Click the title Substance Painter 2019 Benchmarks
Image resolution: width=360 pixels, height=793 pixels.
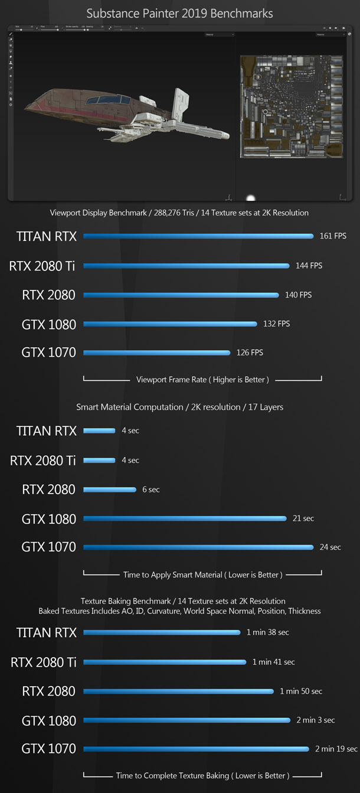coord(179,12)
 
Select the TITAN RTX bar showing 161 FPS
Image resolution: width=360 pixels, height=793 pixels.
coord(198,236)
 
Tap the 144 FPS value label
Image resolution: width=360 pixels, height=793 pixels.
coord(309,266)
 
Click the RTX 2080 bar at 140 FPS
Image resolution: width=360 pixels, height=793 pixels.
coord(181,295)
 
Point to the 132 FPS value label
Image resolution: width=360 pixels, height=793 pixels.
coord(276,324)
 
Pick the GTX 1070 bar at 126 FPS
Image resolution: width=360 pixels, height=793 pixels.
coord(156,353)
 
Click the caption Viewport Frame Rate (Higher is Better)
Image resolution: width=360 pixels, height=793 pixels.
coord(202,380)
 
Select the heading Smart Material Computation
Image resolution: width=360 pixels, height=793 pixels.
coord(179,407)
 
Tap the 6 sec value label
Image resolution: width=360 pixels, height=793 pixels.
coord(150,489)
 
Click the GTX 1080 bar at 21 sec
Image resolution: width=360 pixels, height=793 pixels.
coord(185,518)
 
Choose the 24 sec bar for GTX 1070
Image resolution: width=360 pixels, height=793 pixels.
coord(198,547)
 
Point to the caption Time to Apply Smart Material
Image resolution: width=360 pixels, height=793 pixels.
coord(202,575)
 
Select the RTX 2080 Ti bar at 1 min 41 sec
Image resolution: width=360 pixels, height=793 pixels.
coord(164,662)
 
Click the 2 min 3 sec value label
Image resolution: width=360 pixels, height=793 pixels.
coord(316,720)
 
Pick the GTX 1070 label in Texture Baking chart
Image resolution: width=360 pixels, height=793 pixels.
coord(48,749)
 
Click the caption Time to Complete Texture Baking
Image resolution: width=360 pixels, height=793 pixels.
coord(202,776)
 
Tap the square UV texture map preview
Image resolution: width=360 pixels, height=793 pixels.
coord(291,106)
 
